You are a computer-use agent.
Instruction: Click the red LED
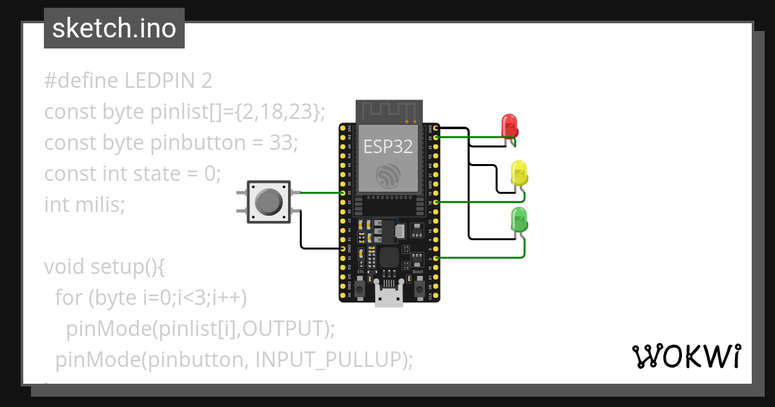510,126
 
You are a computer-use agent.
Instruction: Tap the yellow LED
519,173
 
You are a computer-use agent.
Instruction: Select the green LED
519,220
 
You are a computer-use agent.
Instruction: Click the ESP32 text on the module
387,147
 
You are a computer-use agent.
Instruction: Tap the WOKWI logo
685,356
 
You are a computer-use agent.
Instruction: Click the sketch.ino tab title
114,28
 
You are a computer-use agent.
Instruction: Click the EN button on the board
360,285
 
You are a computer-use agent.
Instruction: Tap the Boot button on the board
418,285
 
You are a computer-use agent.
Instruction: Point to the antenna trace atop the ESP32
389,110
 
